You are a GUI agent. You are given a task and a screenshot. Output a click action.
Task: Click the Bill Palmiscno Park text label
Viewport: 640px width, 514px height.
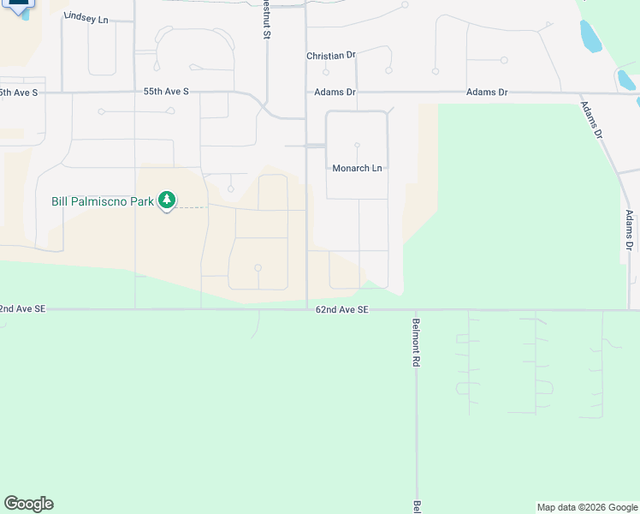click(x=103, y=201)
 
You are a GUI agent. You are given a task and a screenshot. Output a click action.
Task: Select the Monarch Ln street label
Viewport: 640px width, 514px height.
click(x=357, y=169)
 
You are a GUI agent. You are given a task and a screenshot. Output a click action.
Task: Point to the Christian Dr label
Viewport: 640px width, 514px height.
click(x=331, y=56)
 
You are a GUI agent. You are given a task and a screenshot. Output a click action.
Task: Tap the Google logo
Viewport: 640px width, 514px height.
click(x=28, y=504)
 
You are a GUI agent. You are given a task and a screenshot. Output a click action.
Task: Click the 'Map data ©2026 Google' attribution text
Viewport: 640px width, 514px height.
click(x=587, y=507)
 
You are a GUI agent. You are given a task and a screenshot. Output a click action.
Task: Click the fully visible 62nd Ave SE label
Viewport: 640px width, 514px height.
click(x=341, y=309)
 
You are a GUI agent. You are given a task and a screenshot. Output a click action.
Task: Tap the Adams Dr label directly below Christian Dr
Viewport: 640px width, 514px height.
click(x=333, y=92)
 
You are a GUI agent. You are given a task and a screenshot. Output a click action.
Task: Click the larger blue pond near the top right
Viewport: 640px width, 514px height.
click(x=590, y=37)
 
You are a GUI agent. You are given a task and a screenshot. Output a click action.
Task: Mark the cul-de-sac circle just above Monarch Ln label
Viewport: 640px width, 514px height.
click(x=357, y=146)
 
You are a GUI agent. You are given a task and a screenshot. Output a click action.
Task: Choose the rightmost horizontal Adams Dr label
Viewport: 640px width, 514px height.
click(x=487, y=92)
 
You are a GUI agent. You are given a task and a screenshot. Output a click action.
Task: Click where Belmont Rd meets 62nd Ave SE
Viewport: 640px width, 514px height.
click(x=416, y=310)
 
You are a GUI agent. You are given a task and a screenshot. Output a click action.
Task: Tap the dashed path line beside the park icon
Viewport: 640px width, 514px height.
click(x=192, y=207)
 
